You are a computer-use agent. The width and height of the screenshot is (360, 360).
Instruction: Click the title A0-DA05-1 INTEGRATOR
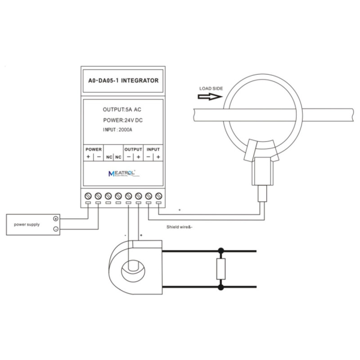[123, 81]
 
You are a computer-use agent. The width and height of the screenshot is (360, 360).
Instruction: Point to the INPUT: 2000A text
[118, 130]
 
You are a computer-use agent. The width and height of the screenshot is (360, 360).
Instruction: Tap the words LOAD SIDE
[211, 89]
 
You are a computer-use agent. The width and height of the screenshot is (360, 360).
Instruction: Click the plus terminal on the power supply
[55, 219]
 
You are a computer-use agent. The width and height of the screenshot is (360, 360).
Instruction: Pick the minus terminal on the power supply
[55, 229]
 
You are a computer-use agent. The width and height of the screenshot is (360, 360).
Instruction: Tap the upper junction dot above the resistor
[221, 250]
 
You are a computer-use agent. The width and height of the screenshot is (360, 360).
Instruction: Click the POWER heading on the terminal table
[94, 149]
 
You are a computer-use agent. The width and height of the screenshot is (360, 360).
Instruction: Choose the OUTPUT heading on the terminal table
[133, 149]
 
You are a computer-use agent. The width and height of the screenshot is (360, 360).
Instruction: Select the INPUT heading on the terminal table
[153, 149]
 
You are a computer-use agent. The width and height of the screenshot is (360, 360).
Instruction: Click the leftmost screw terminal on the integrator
[88, 196]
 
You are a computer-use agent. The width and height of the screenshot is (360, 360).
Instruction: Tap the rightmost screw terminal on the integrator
[158, 196]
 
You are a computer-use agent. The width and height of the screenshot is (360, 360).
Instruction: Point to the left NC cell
[109, 157]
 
